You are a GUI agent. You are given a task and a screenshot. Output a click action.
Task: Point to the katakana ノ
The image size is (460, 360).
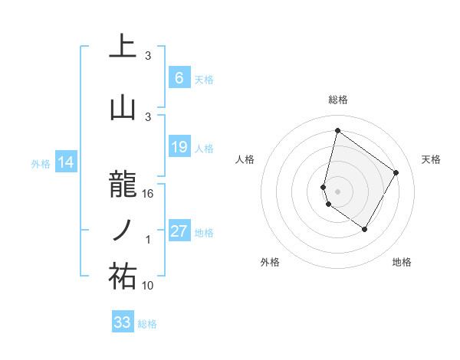(123, 231)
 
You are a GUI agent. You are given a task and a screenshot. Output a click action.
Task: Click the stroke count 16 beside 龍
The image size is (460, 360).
(148, 195)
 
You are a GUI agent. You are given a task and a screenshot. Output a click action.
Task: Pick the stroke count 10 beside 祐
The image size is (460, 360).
(148, 286)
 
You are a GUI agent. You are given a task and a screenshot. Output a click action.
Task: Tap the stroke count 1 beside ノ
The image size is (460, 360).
(148, 241)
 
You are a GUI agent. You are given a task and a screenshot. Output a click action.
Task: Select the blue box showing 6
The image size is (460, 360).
(179, 78)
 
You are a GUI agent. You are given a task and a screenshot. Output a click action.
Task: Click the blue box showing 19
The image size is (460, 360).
(179, 147)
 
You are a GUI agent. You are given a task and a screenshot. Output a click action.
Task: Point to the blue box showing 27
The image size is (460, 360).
(179, 231)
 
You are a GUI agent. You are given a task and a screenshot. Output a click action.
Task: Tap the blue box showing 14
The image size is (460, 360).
(65, 162)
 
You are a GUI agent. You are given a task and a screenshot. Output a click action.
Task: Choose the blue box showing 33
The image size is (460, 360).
(123, 322)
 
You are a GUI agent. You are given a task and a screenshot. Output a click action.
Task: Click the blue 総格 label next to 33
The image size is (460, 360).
(147, 324)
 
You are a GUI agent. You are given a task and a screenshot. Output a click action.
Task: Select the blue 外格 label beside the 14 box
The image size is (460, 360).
(41, 163)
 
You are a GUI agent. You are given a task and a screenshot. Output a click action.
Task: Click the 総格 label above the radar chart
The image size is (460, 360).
(337, 100)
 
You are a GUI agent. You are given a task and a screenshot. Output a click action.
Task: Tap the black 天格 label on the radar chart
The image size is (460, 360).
(431, 159)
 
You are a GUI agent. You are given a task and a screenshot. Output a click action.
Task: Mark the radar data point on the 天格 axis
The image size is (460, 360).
(396, 172)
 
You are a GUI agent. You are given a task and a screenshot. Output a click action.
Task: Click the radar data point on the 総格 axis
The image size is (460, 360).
(337, 131)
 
